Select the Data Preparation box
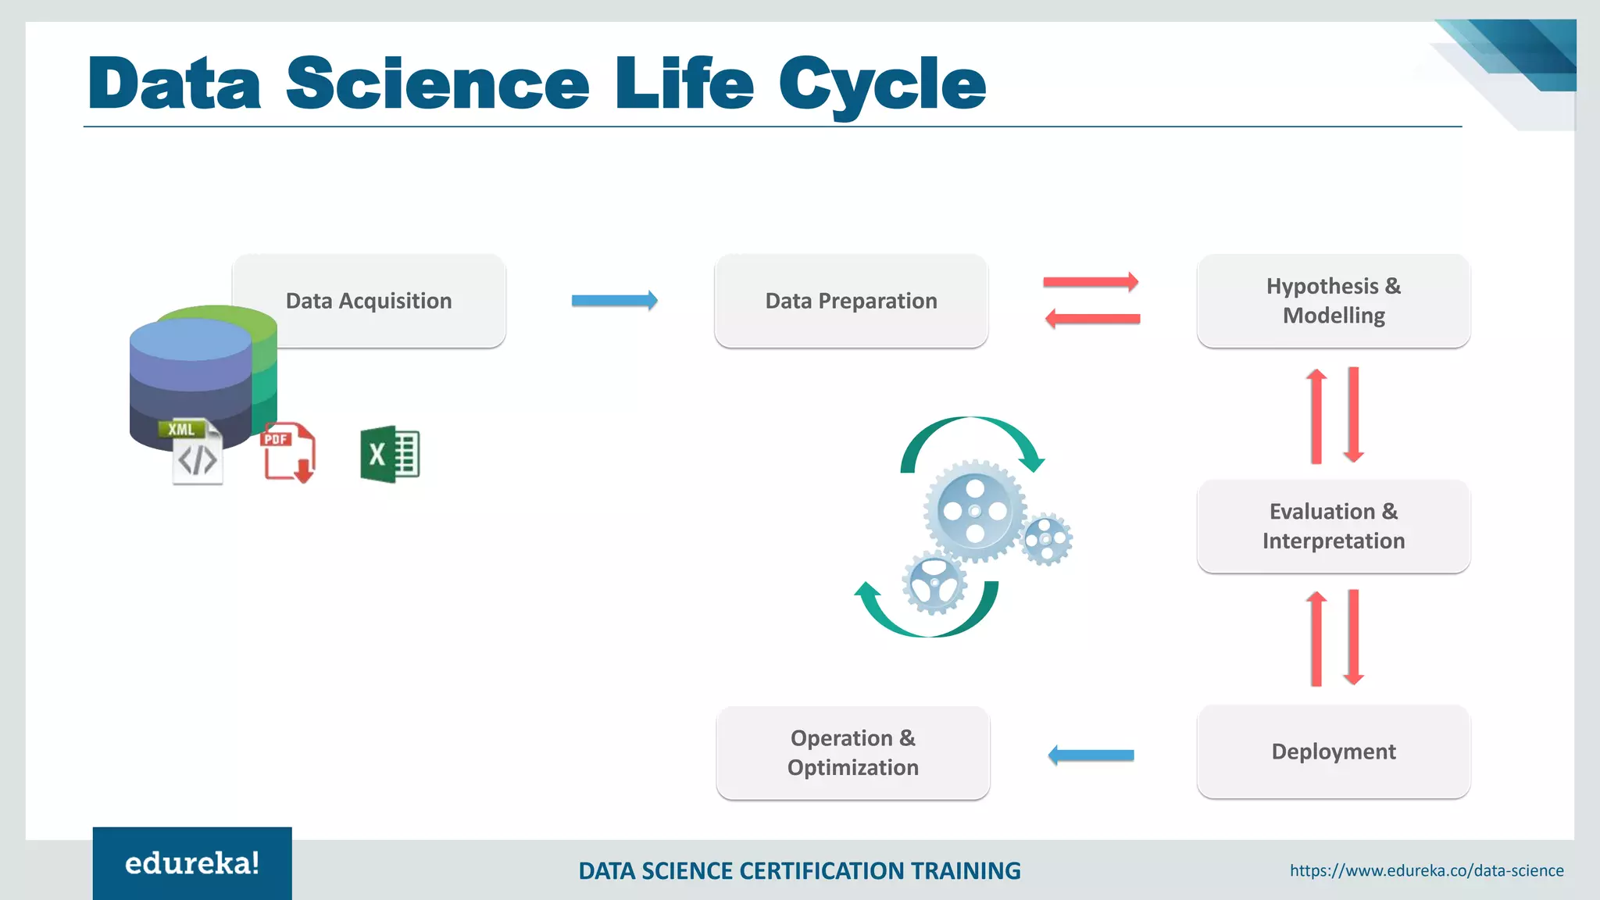tap(851, 301)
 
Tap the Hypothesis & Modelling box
tap(1334, 301)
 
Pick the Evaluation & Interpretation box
tap(1334, 526)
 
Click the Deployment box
tap(1334, 752)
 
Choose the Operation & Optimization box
tap(852, 752)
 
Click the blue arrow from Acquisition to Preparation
tap(614, 300)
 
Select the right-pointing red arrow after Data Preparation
tap(1091, 282)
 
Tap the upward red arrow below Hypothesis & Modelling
tap(1316, 416)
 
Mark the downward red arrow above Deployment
tap(1354, 637)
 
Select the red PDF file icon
tap(287, 452)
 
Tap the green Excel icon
tap(389, 454)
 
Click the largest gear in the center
tap(974, 511)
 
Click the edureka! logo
tap(192, 863)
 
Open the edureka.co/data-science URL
tap(1427, 870)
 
